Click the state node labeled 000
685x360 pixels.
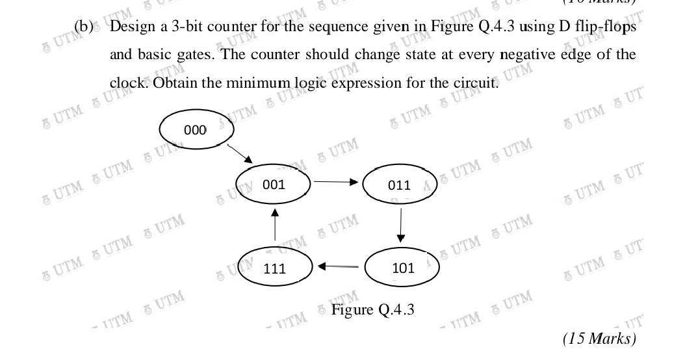pos(195,130)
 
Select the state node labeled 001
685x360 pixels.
pos(274,184)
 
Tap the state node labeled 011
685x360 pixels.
pos(399,185)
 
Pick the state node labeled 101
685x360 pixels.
pos(403,267)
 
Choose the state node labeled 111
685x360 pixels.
pos(275,268)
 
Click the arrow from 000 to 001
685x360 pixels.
pos(239,153)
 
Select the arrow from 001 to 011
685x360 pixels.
pos(336,182)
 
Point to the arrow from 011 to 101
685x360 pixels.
pos(400,225)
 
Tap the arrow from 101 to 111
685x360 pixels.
pos(339,266)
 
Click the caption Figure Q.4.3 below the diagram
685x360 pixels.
pos(372,309)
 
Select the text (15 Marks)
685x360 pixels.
pos(599,339)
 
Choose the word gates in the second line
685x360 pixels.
pos(193,55)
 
